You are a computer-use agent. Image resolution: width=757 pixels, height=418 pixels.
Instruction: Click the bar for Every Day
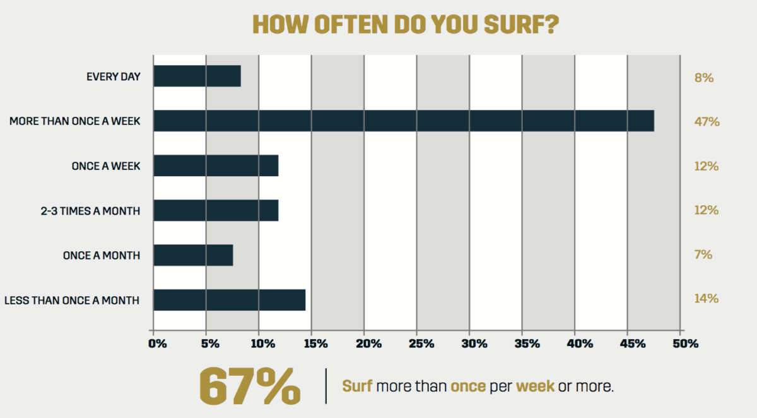click(x=197, y=76)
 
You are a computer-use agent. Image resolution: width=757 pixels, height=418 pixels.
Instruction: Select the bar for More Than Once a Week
click(x=403, y=121)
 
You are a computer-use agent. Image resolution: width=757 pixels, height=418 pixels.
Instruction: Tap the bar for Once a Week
click(x=215, y=165)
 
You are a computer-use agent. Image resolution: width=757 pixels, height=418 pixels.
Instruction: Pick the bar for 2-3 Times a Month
click(x=215, y=210)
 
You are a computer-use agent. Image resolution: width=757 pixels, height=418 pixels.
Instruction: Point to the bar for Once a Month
click(x=193, y=255)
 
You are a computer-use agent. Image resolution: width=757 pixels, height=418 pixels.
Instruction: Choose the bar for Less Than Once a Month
click(x=229, y=300)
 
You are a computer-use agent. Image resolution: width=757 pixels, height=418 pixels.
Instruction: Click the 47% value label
click(x=706, y=122)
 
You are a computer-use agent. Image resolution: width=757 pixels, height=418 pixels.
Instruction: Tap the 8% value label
click(x=703, y=78)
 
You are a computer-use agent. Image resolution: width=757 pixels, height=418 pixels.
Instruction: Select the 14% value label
click(x=706, y=299)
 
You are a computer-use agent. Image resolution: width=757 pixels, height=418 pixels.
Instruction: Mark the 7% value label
click(x=703, y=254)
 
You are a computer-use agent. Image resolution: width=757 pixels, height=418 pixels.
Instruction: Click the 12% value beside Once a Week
click(x=706, y=166)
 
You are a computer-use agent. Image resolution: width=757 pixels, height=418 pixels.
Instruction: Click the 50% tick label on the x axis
click(x=685, y=344)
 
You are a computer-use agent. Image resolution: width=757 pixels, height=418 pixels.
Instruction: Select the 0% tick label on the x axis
click(x=157, y=344)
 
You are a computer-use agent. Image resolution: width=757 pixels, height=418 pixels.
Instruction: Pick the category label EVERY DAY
click(x=113, y=77)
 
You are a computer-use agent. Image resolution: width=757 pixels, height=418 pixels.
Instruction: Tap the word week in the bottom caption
click(x=535, y=386)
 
